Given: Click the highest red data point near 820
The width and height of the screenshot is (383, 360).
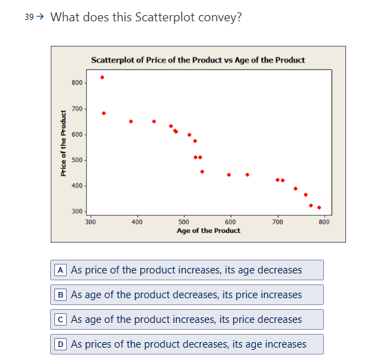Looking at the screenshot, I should pos(102,77).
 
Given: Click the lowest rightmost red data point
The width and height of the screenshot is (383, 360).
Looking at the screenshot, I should pos(319,207).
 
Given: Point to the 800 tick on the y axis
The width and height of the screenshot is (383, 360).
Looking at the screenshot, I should pos(76,83).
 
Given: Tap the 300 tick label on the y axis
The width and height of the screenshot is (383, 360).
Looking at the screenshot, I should pos(76,212).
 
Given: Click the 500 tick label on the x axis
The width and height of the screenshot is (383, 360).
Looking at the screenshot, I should pos(184,222).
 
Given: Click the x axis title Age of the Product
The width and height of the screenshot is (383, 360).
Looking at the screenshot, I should pos(208,231).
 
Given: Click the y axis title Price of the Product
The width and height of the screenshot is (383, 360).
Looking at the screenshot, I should pos(63,144).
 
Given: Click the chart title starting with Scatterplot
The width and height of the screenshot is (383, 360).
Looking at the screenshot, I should pos(198,60).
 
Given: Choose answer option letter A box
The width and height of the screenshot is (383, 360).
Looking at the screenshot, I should pos(61,270).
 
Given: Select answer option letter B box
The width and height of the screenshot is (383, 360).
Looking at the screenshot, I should pos(61,295).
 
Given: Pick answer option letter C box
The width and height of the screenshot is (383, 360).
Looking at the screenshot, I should pos(61,319).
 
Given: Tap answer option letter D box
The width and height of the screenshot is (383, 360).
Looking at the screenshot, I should pos(61,344).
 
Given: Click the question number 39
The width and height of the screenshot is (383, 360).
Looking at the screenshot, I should pos(28,17).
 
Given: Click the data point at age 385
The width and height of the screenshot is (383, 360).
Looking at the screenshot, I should pos(131,122).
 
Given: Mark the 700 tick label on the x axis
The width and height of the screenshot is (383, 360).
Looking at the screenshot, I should pos(277,222).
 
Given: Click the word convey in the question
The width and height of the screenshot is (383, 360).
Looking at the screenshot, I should pos(222,17).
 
